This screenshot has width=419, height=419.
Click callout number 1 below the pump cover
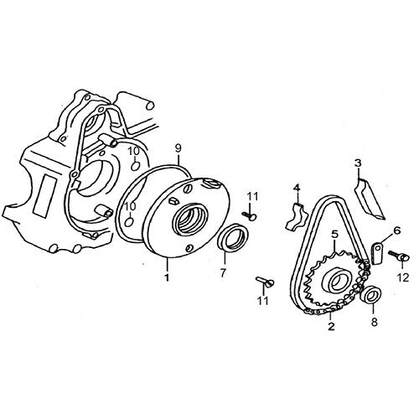(167, 277)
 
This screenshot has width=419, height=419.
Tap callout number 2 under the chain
(331, 326)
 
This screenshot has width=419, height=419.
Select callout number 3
(358, 163)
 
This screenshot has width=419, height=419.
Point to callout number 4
(297, 188)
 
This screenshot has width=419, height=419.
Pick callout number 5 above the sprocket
(334, 234)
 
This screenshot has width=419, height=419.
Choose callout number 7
(223, 273)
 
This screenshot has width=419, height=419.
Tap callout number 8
(375, 322)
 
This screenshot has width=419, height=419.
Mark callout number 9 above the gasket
(178, 148)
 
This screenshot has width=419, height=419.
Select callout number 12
(403, 277)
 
